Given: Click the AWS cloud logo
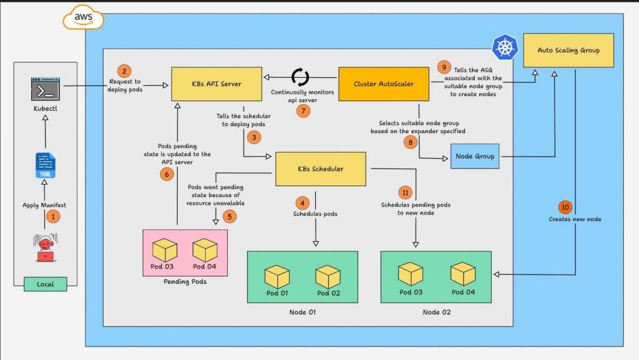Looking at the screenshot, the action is (x=84, y=17).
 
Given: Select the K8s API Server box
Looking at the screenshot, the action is (x=217, y=84).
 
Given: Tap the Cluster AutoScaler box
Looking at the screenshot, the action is (x=384, y=84).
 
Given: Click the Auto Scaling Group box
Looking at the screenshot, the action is (x=568, y=50).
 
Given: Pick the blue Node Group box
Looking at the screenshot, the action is (x=475, y=156).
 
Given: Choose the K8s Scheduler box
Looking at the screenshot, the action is (x=321, y=169).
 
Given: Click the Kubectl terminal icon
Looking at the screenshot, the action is (x=45, y=89).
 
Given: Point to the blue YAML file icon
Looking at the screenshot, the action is (x=45, y=165).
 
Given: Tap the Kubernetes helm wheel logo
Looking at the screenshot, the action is (x=505, y=47).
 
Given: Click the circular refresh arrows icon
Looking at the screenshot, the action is (x=300, y=77).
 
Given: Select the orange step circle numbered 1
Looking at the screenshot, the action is (x=53, y=216).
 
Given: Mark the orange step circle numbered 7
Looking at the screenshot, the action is (x=303, y=111).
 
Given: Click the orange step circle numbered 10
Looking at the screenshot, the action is (x=565, y=207).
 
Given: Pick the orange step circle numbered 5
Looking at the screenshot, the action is (x=230, y=216).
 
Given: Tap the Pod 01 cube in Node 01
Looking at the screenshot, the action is (x=277, y=277).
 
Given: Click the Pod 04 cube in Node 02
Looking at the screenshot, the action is (x=463, y=274).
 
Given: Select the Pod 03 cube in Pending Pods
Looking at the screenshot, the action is (x=165, y=250).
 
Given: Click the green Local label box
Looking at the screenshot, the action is (x=45, y=285).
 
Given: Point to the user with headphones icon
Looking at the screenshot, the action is (x=45, y=248).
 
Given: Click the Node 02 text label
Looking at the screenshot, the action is (x=436, y=312).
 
